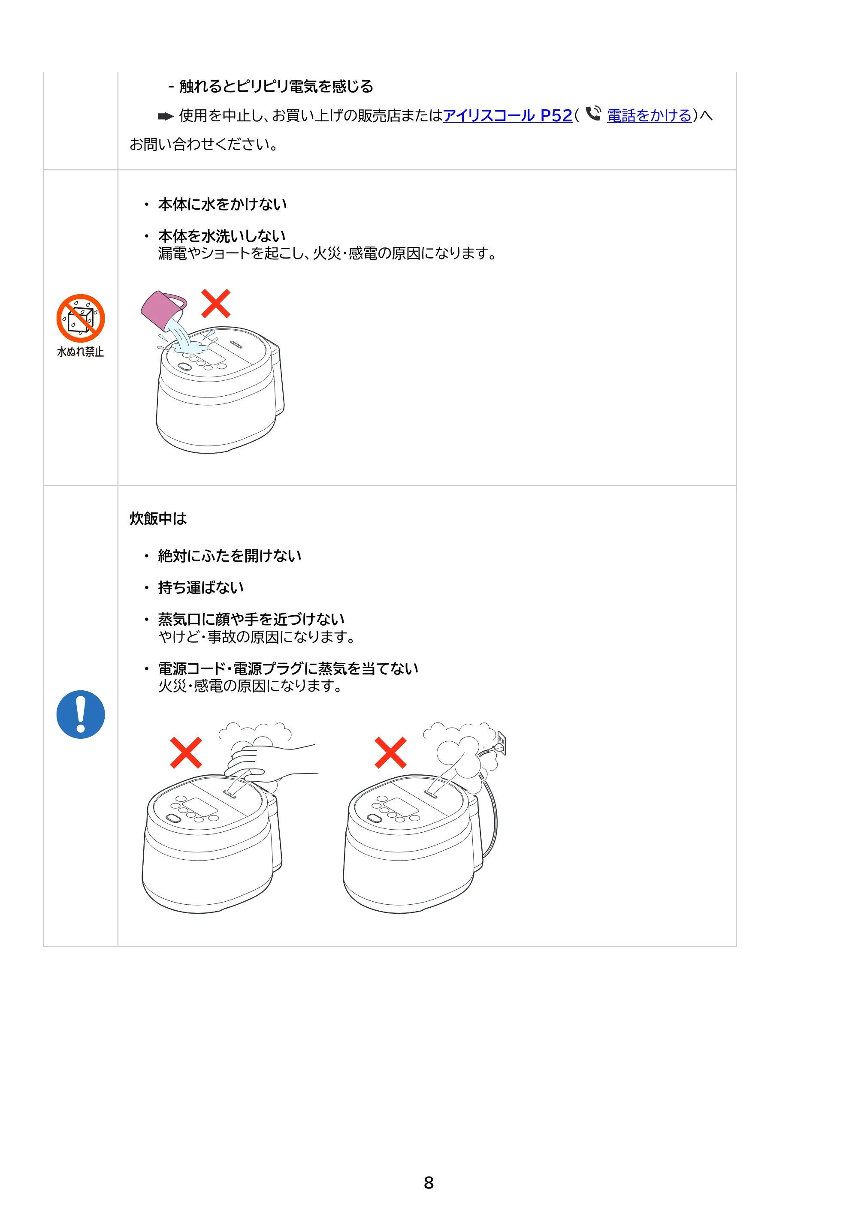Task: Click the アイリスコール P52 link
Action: pos(508,115)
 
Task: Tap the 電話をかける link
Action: pos(649,115)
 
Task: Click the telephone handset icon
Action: pos(593,114)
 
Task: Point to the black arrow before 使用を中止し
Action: pos(166,116)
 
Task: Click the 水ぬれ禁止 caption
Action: pos(80,352)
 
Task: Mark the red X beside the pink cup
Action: pos(216,303)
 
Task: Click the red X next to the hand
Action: pos(186,752)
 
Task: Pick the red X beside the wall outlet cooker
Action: pos(391,752)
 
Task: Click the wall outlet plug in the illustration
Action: pos(501,744)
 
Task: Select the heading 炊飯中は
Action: pos(158,518)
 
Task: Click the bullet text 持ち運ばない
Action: pos(201,587)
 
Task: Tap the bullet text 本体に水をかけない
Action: pos(223,204)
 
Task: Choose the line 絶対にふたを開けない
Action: pos(230,556)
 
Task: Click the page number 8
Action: pos(429,1183)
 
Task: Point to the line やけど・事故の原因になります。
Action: pos(257,637)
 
